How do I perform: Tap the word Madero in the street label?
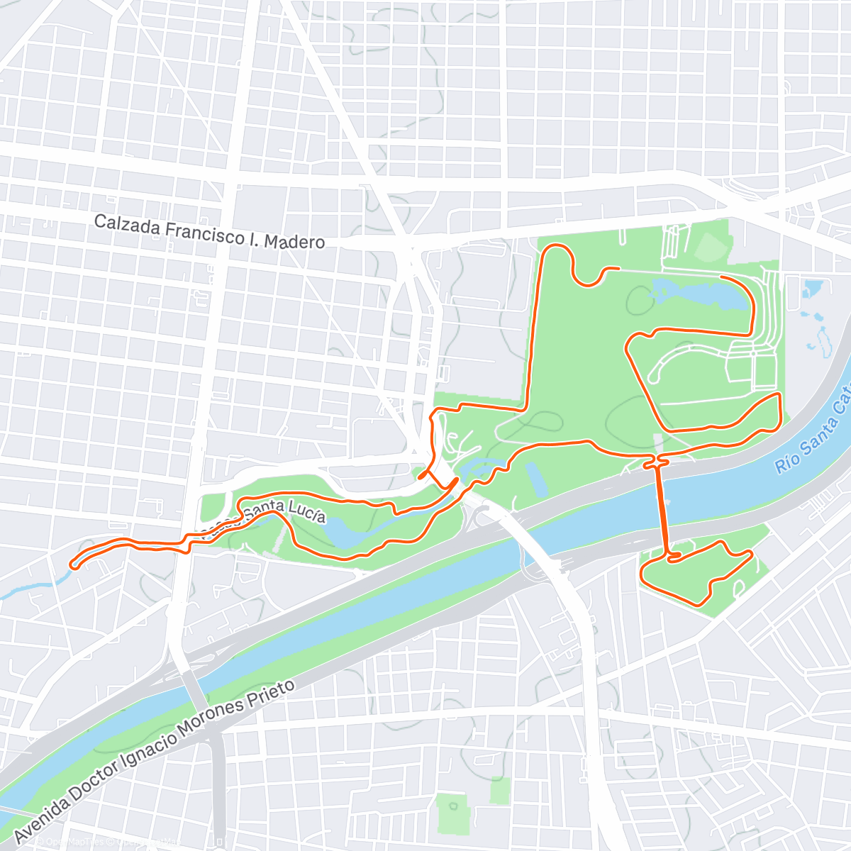(294, 242)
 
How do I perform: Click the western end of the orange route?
(72, 564)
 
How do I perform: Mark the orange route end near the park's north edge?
(618, 269)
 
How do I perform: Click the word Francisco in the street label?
(205, 232)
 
